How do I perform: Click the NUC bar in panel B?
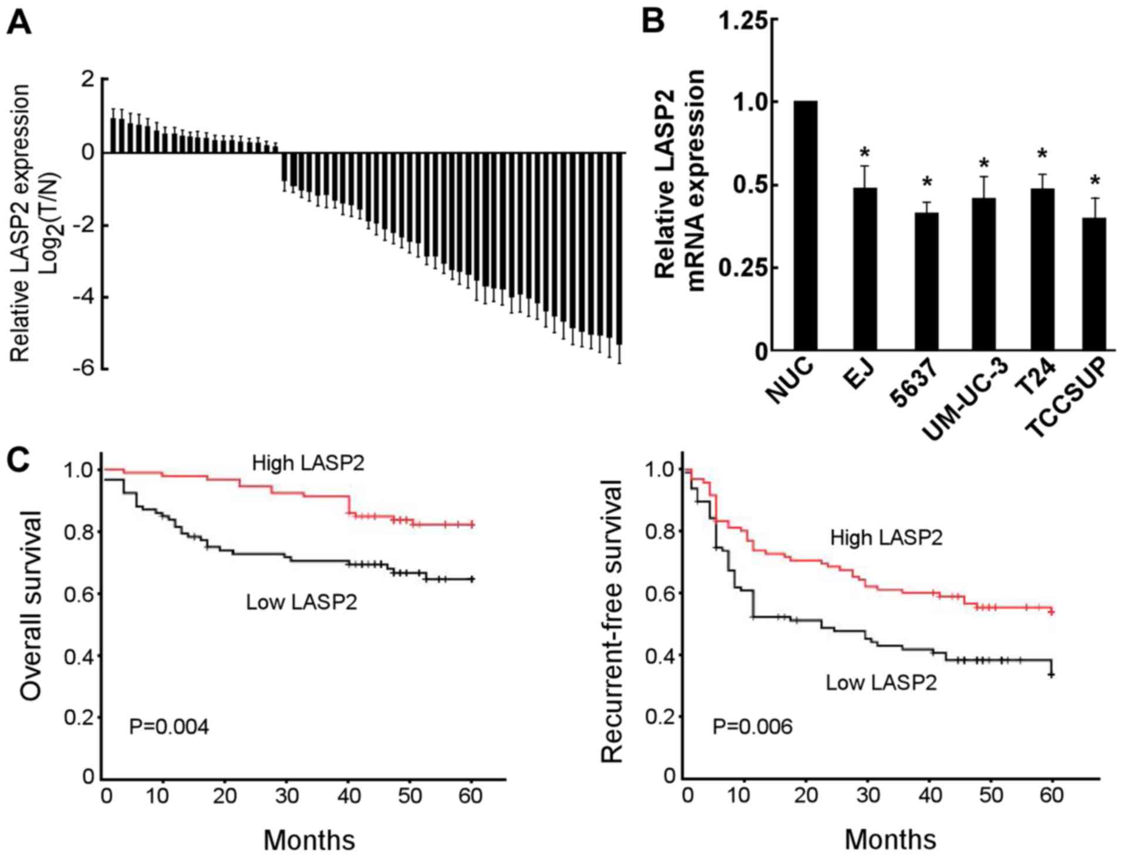coord(805,226)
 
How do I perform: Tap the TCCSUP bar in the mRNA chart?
coord(1094,284)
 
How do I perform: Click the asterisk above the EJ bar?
coord(864,154)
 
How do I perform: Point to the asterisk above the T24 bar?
coord(1042,154)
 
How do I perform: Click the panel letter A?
coord(19,23)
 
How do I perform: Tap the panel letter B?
coord(653,21)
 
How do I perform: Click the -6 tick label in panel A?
coord(83,368)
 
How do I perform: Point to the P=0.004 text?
coord(168,727)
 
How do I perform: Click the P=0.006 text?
coord(752,727)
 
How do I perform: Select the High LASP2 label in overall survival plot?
coord(308,463)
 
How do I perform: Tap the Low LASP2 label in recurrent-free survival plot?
coord(881,682)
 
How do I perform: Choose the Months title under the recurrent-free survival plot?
coord(890,839)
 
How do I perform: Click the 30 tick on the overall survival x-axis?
coord(287,796)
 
